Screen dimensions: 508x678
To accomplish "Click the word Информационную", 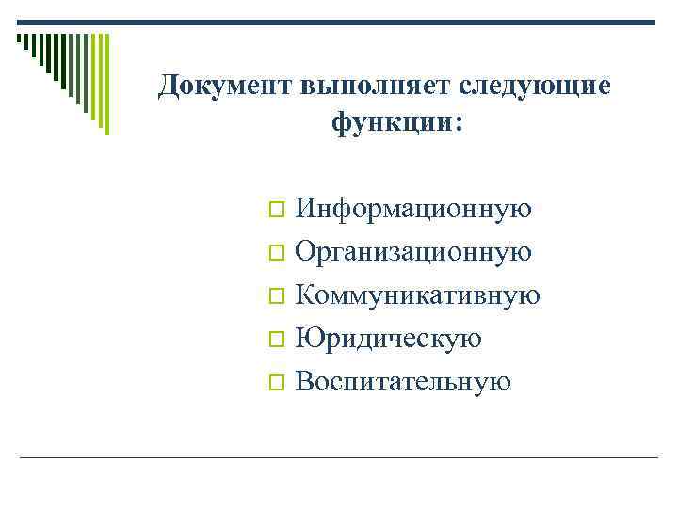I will coord(413,209).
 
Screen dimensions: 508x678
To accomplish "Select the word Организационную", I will coord(413,252).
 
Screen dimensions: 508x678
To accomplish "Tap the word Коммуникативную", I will coord(417,295).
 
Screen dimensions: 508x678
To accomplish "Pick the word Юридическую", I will coord(388,339).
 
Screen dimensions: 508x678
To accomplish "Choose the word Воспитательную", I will coord(403,382).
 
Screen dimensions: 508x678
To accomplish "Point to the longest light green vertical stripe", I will coord(106,85).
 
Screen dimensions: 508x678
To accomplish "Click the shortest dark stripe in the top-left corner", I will coord(19,40).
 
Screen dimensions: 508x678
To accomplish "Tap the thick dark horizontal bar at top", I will coord(339,23).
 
